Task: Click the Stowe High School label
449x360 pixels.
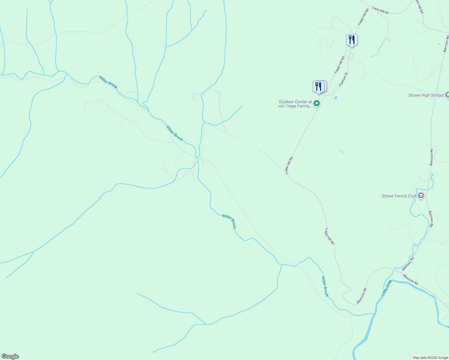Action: point(426,95)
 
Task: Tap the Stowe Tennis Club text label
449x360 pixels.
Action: point(399,196)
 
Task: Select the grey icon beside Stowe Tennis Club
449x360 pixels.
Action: point(421,196)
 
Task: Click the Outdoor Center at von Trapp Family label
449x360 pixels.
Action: point(295,104)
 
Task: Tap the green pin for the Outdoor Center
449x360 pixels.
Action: point(316,104)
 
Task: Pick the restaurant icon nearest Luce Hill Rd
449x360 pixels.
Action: point(351,40)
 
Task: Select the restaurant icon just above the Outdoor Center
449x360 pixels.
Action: point(318,87)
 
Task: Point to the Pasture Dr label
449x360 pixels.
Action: point(343,79)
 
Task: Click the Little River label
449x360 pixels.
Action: point(387,288)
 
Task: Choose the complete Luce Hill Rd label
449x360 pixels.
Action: point(380,10)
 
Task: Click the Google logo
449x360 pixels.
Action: point(10,356)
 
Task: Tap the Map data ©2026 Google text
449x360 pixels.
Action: point(430,358)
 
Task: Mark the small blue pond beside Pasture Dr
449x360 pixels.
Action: point(336,98)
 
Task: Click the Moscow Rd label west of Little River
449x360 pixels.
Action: point(362,295)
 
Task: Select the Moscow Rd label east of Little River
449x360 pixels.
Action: point(410,280)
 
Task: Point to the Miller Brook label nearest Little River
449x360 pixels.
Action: point(325,286)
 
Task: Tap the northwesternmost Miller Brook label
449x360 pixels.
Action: point(108,82)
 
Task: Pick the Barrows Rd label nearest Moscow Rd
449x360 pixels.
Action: point(408,263)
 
